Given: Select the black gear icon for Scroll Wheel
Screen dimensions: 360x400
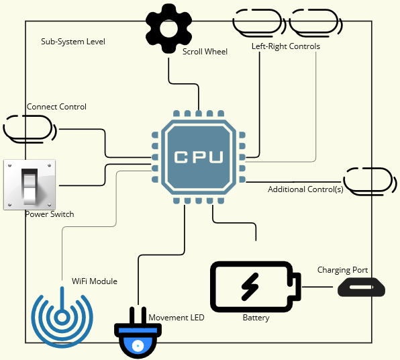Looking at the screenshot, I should [x=168, y=26].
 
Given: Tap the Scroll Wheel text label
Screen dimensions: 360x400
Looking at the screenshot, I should [x=205, y=51].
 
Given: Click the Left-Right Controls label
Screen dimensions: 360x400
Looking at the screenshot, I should [x=285, y=46].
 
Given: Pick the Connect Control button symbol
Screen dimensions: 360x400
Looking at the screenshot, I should [x=30, y=128].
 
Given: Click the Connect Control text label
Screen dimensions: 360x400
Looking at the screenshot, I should [x=56, y=107].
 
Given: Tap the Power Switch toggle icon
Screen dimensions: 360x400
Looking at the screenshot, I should [x=29, y=185].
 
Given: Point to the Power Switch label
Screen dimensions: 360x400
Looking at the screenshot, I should [x=49, y=214].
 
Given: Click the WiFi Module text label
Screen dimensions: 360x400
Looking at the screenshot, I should [x=94, y=281].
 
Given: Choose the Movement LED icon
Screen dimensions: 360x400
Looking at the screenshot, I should [x=138, y=334].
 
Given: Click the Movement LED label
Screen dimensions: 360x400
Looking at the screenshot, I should [x=176, y=317].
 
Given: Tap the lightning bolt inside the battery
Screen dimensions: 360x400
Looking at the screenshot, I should [x=250, y=287].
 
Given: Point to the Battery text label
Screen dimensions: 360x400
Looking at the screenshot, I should [x=256, y=318].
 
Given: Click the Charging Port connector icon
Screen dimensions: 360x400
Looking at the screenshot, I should [x=360, y=287].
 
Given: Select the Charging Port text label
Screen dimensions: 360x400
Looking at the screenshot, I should [x=342, y=270].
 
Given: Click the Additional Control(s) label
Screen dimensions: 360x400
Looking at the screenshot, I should [x=305, y=189].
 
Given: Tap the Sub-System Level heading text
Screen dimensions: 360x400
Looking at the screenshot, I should [x=72, y=42].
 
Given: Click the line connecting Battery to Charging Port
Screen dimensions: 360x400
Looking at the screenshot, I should [x=318, y=287].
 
